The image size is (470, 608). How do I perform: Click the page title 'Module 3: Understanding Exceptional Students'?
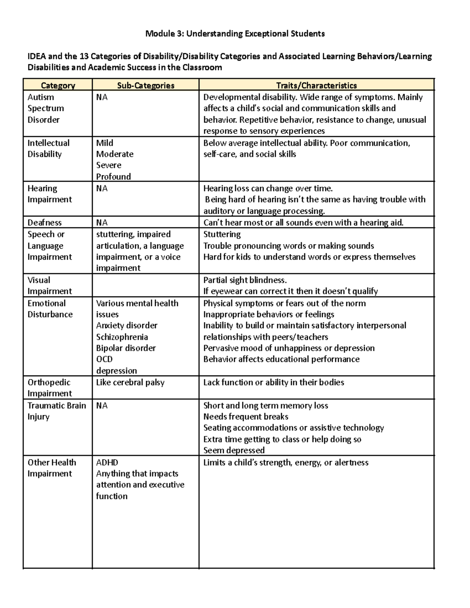click(x=235, y=34)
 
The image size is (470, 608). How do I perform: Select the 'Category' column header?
click(x=58, y=85)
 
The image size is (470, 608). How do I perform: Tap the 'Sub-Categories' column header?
click(x=146, y=85)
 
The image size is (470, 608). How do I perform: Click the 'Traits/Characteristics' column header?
click(x=316, y=85)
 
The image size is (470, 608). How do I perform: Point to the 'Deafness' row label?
click(x=45, y=222)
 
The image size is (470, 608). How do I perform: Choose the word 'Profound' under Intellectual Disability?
click(x=114, y=177)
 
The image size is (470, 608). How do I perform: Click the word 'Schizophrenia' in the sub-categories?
click(x=122, y=337)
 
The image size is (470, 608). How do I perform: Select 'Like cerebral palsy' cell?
click(x=130, y=382)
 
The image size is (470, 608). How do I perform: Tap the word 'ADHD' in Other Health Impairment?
click(x=107, y=462)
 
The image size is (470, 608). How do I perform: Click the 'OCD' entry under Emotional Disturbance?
click(x=105, y=359)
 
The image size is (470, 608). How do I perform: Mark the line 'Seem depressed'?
click(x=234, y=450)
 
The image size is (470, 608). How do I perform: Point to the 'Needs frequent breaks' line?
click(x=246, y=417)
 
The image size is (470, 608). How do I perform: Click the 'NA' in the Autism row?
click(x=102, y=97)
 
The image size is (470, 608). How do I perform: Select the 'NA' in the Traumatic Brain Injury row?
click(x=102, y=406)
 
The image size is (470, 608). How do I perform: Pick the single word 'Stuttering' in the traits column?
click(x=222, y=234)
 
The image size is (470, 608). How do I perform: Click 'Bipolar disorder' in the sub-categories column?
click(x=126, y=348)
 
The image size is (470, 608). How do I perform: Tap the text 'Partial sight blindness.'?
click(x=245, y=280)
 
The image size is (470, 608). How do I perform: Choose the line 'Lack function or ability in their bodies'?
click(x=273, y=382)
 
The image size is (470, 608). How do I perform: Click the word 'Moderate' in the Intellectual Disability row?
click(x=115, y=154)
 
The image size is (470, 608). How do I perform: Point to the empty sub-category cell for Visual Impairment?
click(x=146, y=285)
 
